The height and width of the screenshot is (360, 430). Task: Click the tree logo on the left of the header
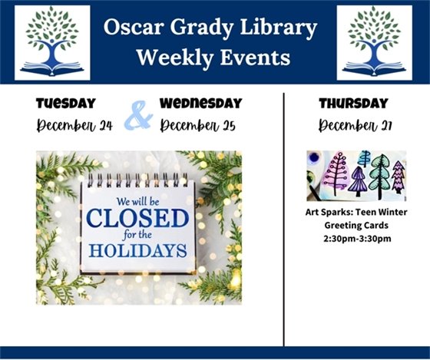tap(52, 42)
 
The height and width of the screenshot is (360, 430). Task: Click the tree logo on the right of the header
tap(374, 42)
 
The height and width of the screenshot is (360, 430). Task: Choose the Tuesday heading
tap(66, 102)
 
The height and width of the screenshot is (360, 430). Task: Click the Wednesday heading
tap(201, 102)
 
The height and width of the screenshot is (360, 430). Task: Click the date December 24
tap(74, 125)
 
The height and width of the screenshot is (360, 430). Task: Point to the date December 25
tap(199, 125)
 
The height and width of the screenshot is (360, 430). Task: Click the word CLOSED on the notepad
tap(137, 219)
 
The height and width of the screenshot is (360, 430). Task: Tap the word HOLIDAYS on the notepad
tap(137, 250)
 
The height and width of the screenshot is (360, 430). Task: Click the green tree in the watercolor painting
tap(379, 176)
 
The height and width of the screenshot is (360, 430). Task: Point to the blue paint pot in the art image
tap(316, 162)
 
